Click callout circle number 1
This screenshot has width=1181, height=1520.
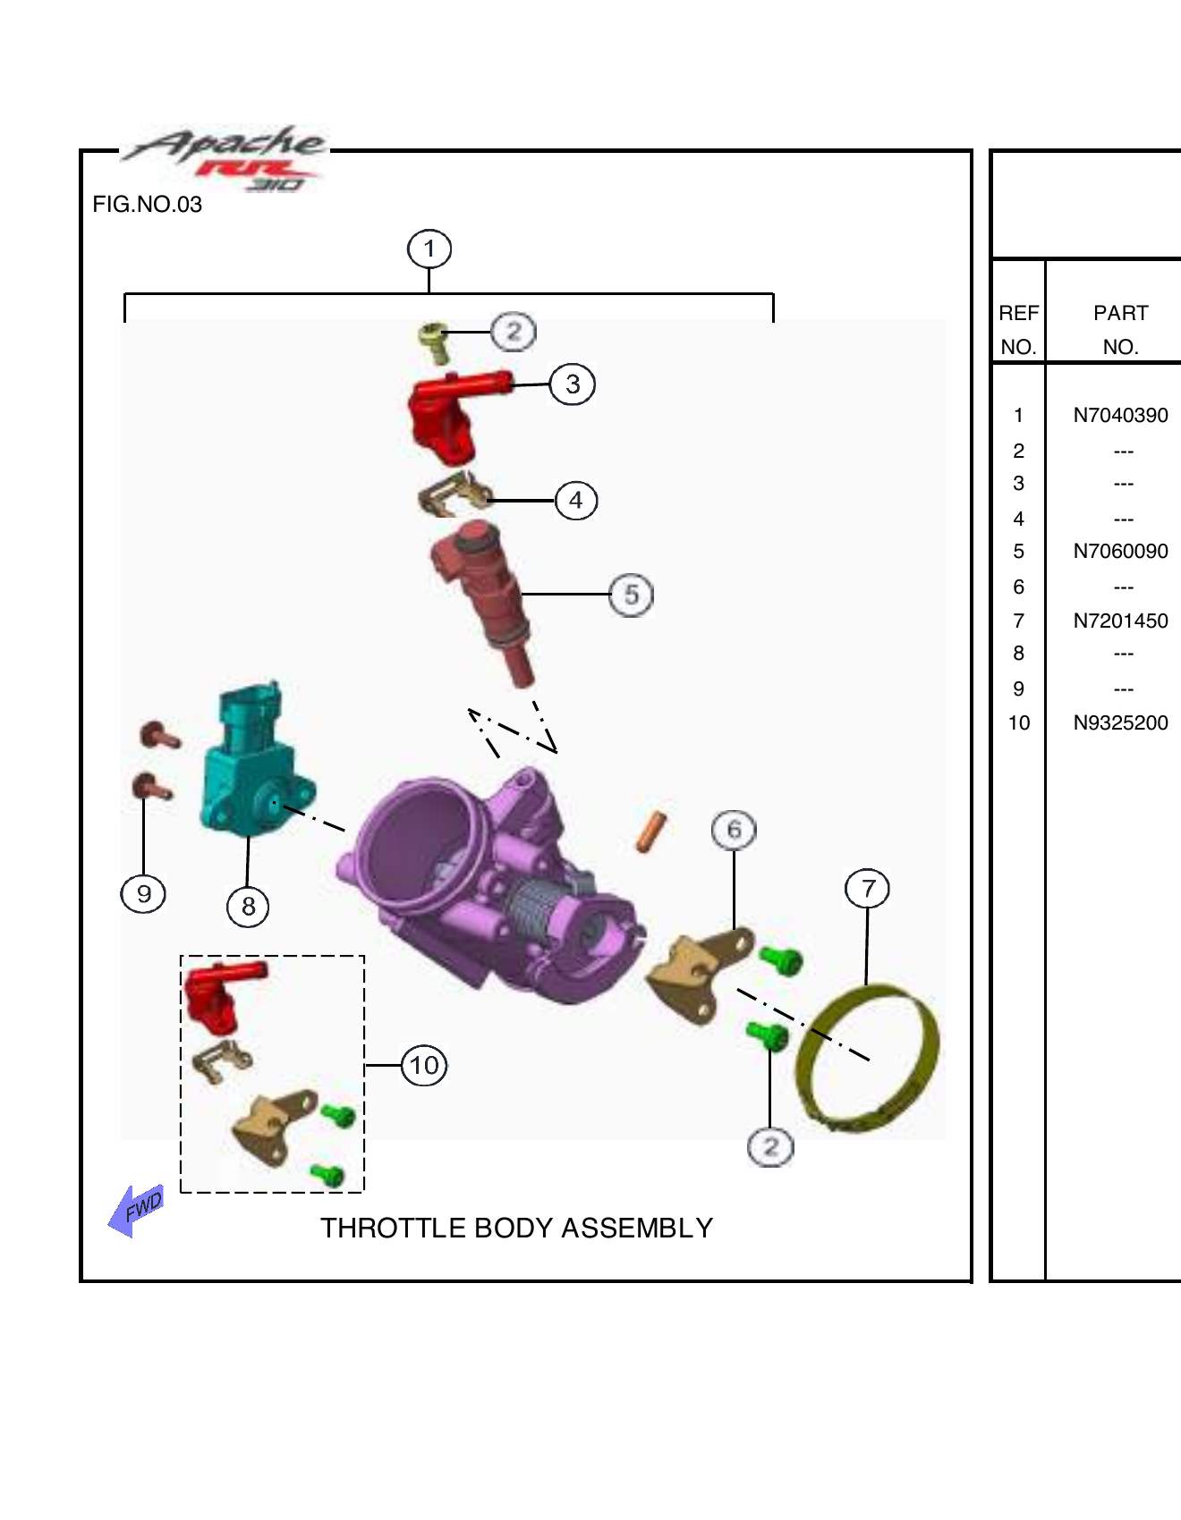tap(429, 249)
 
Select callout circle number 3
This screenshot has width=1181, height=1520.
tap(573, 384)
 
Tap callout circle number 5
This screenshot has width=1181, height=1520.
tap(632, 595)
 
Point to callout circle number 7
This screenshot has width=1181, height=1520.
tap(867, 889)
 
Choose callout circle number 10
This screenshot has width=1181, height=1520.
tap(424, 1065)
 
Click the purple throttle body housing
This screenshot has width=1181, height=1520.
tap(483, 885)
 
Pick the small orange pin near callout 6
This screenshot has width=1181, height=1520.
tap(651, 832)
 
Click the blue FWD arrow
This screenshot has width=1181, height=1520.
tap(136, 1211)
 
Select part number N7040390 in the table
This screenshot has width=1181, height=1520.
tap(1120, 416)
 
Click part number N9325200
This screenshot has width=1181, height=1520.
tap(1120, 723)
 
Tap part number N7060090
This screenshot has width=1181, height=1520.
tap(1120, 552)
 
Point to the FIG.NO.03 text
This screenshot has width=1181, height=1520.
tap(148, 205)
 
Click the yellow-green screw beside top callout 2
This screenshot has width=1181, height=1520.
tap(435, 342)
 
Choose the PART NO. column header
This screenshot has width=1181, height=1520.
tap(1120, 329)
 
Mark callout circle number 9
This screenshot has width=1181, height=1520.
tap(143, 893)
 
